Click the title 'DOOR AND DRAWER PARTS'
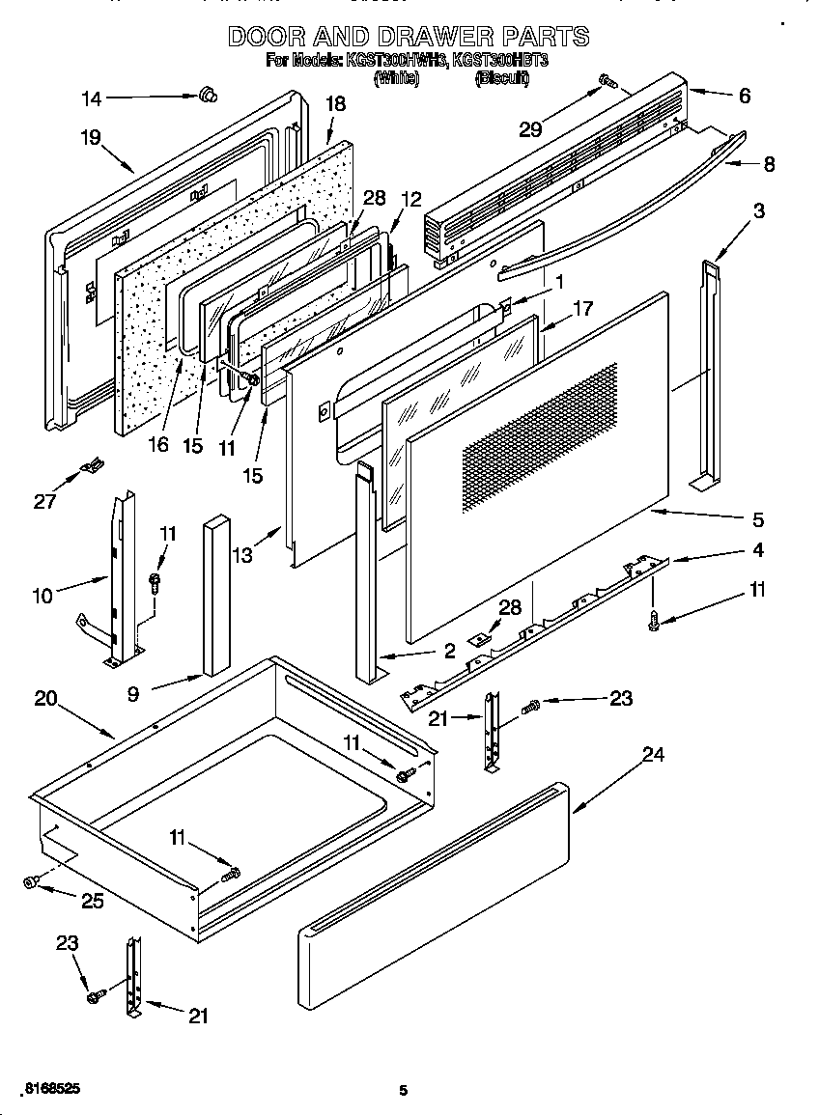point(408,37)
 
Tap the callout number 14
point(90,98)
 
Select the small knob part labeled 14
point(206,95)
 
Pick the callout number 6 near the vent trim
point(744,97)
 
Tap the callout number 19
point(90,138)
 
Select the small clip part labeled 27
point(91,469)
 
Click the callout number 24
point(654,756)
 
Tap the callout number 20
point(45,700)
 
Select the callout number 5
point(757,520)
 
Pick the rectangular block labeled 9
point(217,596)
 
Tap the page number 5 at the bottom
point(404,1090)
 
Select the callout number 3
point(759,211)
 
